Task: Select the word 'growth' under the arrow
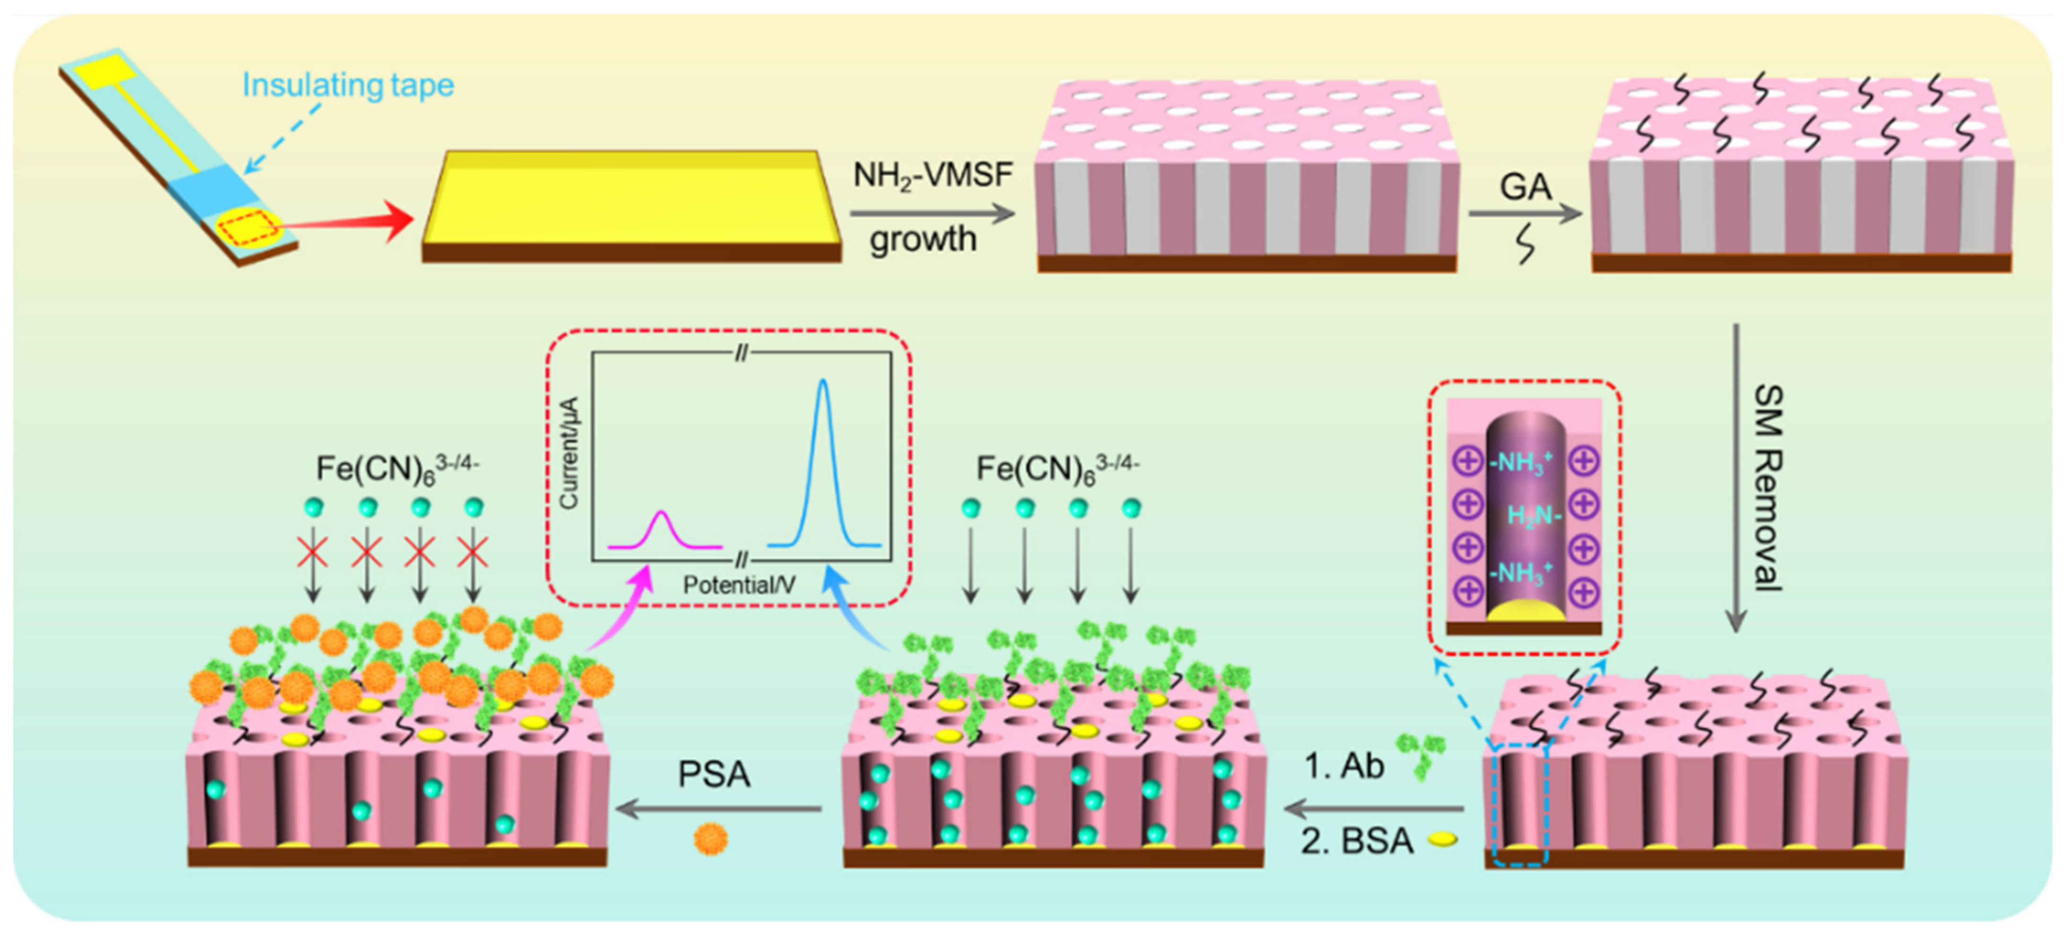tap(923, 239)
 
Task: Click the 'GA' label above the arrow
tap(1525, 188)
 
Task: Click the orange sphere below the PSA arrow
tap(710, 839)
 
